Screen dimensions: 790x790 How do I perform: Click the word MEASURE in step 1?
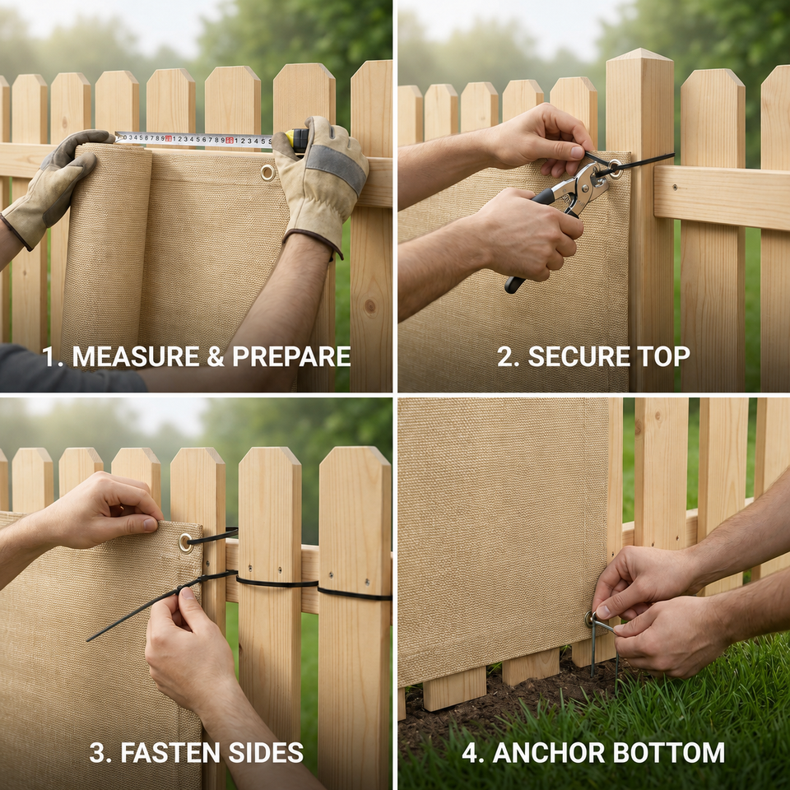point(136,356)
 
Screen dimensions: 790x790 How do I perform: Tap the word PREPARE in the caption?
point(291,356)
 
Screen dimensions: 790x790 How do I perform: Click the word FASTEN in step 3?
point(170,753)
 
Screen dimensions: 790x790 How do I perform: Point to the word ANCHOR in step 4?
point(549,753)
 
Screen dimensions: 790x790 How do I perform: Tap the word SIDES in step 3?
point(266,753)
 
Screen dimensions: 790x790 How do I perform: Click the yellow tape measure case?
point(297,140)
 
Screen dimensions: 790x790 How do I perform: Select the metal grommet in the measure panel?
point(267,173)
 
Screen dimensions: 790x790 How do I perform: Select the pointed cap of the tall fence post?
point(640,54)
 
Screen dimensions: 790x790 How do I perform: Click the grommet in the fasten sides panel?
point(186,543)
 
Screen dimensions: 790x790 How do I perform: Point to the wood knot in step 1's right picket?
point(370,306)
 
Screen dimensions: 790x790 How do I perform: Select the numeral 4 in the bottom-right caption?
point(470,753)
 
